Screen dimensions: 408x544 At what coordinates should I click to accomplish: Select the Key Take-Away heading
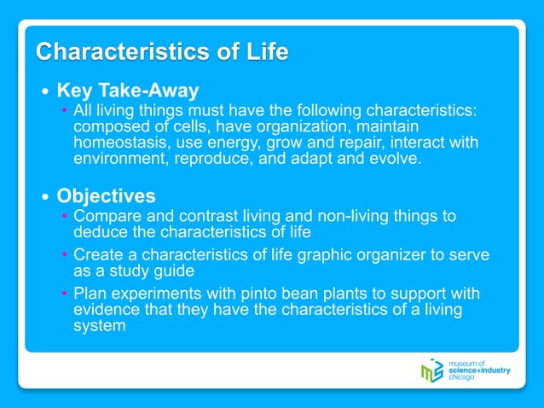pos(127,90)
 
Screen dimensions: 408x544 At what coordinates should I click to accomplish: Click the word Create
pos(97,254)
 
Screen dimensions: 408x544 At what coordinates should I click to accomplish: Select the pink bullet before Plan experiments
pos(65,294)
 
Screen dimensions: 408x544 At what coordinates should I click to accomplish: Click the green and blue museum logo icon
pos(432,370)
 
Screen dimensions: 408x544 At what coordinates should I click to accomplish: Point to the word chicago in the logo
pos(466,378)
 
